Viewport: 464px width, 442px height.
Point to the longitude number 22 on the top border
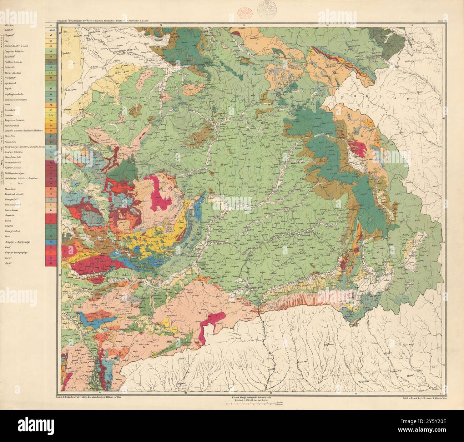pyautogui.click(x=243, y=25)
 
